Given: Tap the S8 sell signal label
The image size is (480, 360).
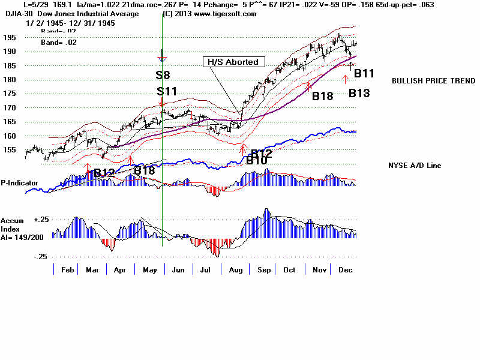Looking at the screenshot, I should pos(163,75).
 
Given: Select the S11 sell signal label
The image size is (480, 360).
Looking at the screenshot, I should pos(166,91).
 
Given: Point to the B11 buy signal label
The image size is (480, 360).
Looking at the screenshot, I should pos(364,74).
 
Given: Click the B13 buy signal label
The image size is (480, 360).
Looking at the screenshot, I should pos(359,93).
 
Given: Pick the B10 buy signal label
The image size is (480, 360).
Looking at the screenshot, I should pos(256,161).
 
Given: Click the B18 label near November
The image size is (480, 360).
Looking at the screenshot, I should pos(322,95).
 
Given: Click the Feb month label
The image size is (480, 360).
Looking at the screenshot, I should pos(67,270).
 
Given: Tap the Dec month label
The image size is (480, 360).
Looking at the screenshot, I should pos(344,270).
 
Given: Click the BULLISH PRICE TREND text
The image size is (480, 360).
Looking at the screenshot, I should pos(425,81).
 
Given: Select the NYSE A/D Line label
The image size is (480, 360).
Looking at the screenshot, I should pos(415,165).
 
